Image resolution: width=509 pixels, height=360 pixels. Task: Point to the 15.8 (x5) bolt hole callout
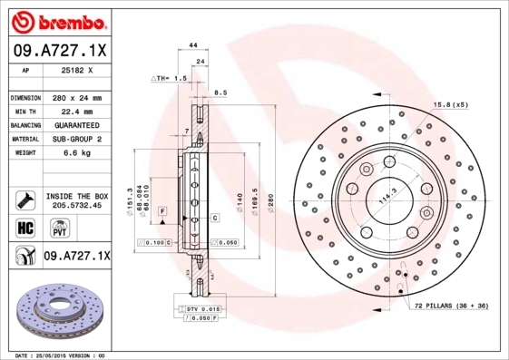click(451, 105)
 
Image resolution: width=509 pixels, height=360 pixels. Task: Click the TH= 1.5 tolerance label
click(169, 79)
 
